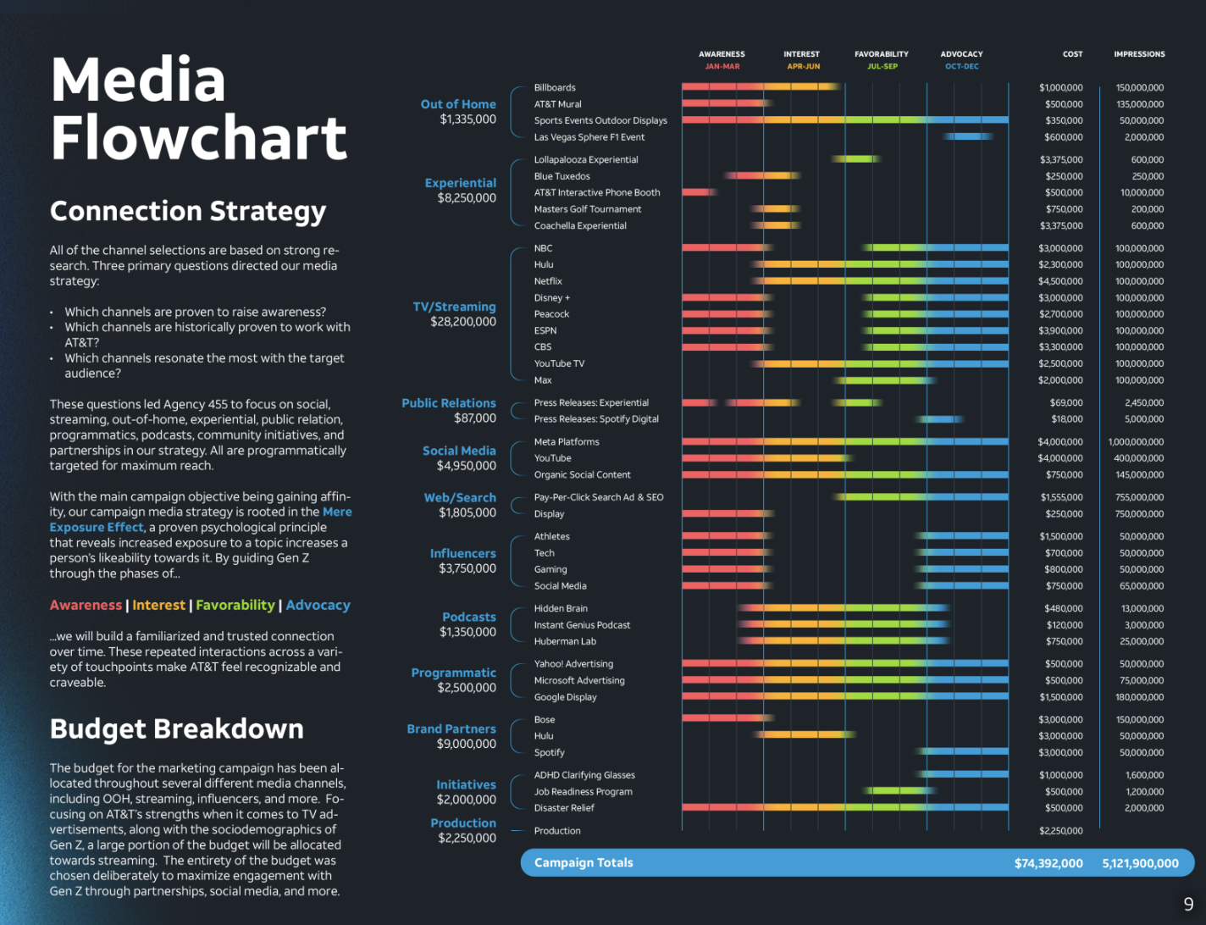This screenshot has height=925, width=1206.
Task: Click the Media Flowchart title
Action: [x=198, y=108]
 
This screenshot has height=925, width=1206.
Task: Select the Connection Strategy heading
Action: [x=187, y=212]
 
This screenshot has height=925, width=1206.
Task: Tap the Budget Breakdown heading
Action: [x=176, y=728]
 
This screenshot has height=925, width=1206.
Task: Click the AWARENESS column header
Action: [x=722, y=54]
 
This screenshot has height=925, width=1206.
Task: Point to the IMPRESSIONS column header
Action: [x=1139, y=54]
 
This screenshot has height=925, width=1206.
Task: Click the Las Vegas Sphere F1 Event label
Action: [x=589, y=137]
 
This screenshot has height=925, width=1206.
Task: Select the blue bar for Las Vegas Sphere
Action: [x=968, y=136]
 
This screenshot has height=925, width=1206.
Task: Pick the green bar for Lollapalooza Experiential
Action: [x=855, y=159]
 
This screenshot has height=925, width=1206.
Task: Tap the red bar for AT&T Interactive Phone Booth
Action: [x=700, y=192]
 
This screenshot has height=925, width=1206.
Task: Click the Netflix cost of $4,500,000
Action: [x=1060, y=281]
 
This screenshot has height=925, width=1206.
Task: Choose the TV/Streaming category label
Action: [x=454, y=307]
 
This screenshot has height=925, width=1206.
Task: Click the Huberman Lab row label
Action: [x=565, y=641]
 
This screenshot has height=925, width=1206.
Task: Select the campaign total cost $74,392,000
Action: [x=1048, y=863]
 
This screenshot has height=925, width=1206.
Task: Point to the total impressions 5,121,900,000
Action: [x=1141, y=863]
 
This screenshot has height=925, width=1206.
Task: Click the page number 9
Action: [x=1188, y=905]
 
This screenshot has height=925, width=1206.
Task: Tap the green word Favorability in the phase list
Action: [x=235, y=605]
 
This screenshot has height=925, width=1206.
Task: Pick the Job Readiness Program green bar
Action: [x=899, y=790]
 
